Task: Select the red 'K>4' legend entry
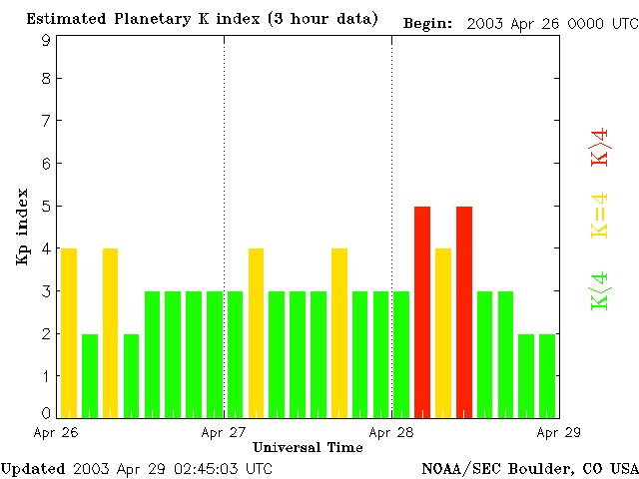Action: click(x=600, y=147)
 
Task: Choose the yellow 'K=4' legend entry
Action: click(x=600, y=216)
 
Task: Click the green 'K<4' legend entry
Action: click(x=600, y=291)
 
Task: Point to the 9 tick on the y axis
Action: click(x=46, y=40)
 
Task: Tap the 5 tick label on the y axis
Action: click(x=46, y=207)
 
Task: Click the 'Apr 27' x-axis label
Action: click(x=224, y=433)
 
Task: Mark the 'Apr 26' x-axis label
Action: click(x=56, y=433)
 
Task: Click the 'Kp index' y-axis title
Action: click(x=22, y=227)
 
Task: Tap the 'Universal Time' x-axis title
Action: click(x=308, y=447)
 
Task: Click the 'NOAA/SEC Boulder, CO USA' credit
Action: click(x=530, y=468)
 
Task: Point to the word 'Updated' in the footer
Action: click(x=33, y=468)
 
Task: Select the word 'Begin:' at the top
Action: click(x=428, y=23)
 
